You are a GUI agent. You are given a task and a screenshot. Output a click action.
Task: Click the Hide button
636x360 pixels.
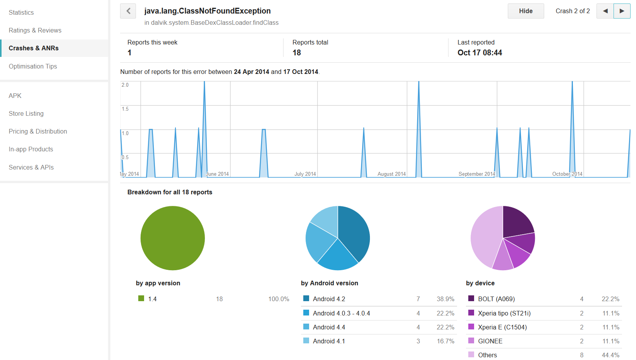pos(526,11)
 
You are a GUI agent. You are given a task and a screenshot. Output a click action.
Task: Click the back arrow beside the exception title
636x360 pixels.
pos(128,11)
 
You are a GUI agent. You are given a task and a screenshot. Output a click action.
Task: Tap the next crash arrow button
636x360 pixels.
pos(622,11)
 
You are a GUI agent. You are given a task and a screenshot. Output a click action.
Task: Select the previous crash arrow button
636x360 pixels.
pos(605,11)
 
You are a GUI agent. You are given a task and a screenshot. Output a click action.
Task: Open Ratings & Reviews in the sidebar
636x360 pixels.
pos(35,30)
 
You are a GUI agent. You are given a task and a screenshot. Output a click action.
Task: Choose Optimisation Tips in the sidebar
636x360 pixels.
pos(33,66)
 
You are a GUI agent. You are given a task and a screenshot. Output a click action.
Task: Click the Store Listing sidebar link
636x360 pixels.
pos(26,113)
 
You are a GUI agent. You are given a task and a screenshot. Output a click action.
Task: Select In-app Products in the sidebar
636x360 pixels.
pos(31,149)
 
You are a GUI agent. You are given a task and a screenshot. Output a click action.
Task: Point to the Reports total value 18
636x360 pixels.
pos(297,53)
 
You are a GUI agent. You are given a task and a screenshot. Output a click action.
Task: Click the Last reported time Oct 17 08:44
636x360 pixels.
pos(480,53)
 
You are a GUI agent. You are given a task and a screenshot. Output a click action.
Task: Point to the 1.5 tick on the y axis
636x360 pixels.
pos(125,109)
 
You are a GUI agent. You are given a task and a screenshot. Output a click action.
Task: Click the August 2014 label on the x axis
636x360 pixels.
pos(392,174)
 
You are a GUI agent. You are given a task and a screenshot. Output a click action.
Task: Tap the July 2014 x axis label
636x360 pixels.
pos(305,174)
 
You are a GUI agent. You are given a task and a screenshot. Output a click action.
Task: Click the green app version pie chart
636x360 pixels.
pos(173,238)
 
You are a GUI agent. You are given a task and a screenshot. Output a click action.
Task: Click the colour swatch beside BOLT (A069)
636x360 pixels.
pos(471,298)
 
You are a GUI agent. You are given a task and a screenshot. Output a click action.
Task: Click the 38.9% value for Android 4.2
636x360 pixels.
pos(445,299)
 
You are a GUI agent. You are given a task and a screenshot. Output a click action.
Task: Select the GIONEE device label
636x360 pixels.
pos(490,341)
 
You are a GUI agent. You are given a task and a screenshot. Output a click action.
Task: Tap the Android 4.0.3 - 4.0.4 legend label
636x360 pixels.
pos(341,313)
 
